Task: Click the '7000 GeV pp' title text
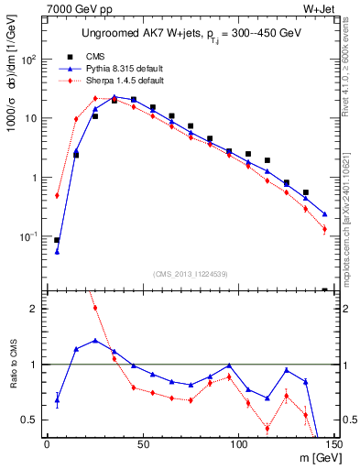[x=74, y=8]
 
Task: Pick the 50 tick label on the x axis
[x=142, y=444]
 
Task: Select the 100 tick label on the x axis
[x=238, y=444]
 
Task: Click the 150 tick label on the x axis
[x=333, y=444]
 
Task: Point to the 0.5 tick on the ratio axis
[x=34, y=420]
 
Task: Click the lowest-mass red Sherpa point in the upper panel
[x=57, y=195]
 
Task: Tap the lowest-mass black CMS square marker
[x=57, y=240]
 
